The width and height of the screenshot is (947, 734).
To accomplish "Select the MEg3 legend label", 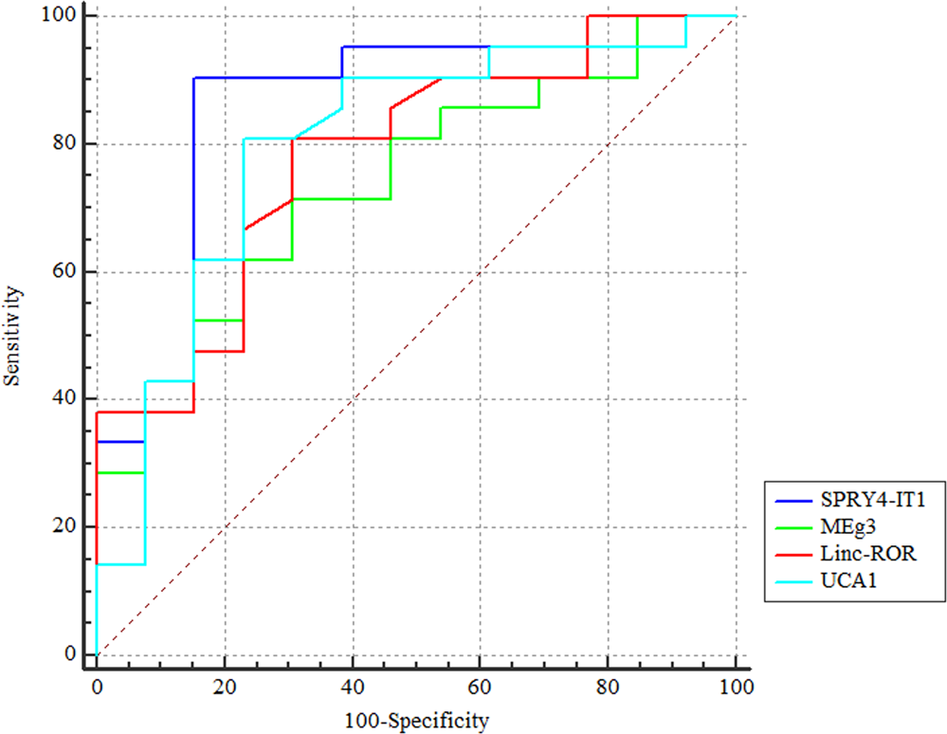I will [x=838, y=527].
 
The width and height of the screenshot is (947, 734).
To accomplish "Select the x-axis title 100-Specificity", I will [x=416, y=722].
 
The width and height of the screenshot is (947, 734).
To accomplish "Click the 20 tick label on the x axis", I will [x=225, y=685].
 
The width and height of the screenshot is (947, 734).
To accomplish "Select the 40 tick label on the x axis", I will [x=353, y=685].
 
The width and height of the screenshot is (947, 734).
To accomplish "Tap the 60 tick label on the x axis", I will [x=481, y=685].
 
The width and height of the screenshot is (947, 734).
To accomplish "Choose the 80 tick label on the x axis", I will [x=609, y=685].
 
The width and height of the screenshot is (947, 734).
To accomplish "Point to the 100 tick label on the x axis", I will [x=736, y=685].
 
